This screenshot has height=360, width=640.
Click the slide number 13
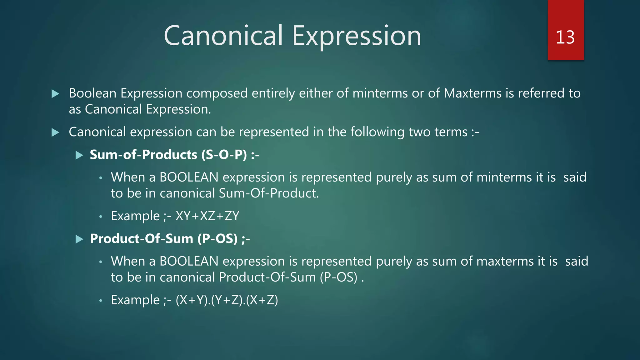pos(565,37)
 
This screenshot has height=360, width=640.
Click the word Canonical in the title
pos(223,36)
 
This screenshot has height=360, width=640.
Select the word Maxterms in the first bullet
pos(472,93)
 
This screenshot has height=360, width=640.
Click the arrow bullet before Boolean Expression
pos(55,93)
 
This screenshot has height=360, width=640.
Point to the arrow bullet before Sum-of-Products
pos(79,155)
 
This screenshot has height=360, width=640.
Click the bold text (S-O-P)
pos(224,155)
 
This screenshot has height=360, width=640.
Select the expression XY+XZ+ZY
pos(207,216)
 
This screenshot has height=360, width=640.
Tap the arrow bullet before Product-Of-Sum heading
pos(79,239)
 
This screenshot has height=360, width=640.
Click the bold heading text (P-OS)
pos(217,239)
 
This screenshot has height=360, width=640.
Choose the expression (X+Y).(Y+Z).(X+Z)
pos(227,300)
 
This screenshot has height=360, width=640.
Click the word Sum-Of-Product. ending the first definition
pos(269,193)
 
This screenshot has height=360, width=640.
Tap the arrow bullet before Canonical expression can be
pos(55,132)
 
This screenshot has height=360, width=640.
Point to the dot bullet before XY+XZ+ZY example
pos(101,217)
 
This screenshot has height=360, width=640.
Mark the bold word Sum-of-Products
pos(143,155)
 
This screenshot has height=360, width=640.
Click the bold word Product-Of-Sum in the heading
pos(141,239)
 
